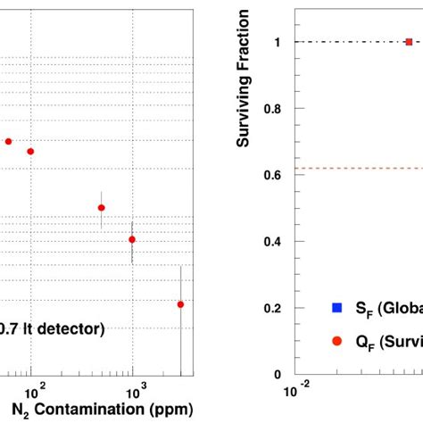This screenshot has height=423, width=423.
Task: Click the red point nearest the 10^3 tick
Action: coord(132,239)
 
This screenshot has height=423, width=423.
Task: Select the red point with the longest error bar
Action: coord(181,304)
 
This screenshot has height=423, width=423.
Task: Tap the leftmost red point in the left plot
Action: coord(9,141)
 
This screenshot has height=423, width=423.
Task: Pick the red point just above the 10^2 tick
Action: coord(30,151)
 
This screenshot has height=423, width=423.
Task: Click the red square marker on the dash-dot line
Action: coord(409,42)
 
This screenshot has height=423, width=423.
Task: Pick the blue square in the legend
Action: coord(336,307)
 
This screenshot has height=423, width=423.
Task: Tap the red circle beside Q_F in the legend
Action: coord(336,341)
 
